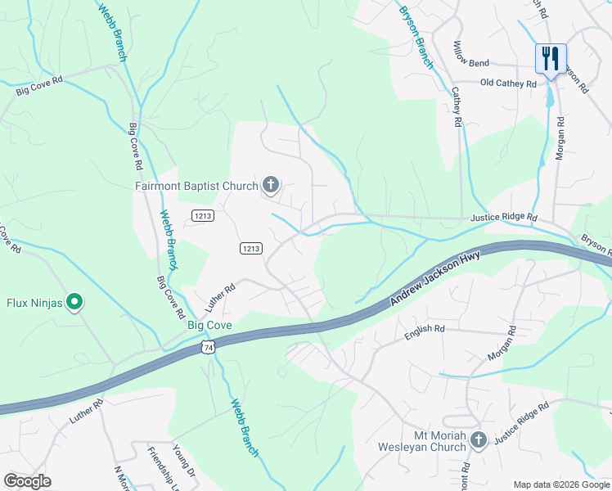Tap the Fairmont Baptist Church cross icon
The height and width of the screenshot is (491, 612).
coord(271,186)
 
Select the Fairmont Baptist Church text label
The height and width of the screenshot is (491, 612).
coord(196,186)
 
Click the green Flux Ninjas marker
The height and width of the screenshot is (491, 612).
coord(74,303)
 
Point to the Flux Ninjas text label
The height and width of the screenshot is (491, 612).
coord(34,303)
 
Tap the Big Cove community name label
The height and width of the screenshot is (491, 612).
coord(210,326)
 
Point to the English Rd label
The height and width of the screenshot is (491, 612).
coord(425,329)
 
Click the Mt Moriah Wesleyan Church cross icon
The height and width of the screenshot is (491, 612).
coord(479,440)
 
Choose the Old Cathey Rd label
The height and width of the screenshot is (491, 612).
coord(508,83)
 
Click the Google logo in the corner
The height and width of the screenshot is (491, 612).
coord(27,481)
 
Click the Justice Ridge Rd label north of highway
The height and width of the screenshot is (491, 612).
coord(503,218)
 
